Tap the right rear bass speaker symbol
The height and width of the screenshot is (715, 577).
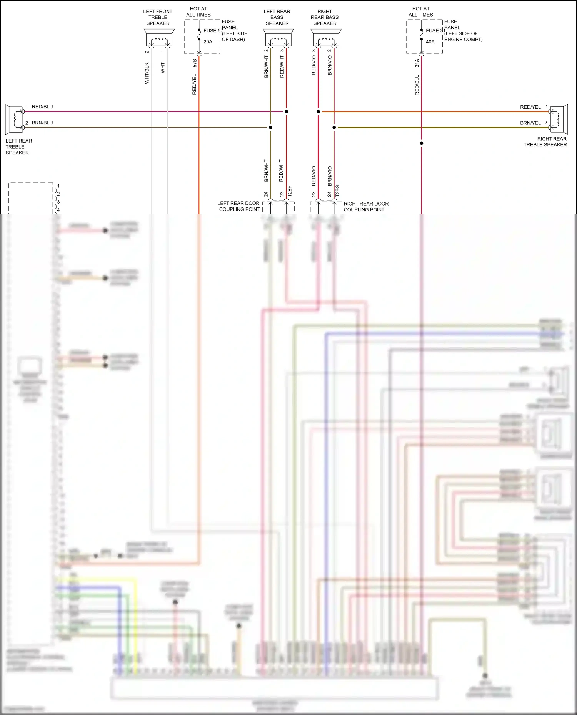pos(326,38)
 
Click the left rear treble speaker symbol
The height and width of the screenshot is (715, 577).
pos(15,119)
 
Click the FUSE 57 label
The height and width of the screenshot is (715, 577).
pos(213,30)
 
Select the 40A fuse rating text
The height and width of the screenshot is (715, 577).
pos(430,42)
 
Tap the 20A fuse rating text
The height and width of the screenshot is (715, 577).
pos(208,42)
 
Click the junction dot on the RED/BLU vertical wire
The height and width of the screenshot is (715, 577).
pos(422,143)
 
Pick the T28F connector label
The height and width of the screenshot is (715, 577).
pos(290,191)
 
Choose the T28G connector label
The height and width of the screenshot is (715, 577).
pos(338,191)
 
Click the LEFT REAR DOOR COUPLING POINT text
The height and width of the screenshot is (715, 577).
pos(239,206)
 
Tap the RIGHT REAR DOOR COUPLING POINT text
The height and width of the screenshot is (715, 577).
pos(366,207)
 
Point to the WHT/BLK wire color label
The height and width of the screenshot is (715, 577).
pos(147,73)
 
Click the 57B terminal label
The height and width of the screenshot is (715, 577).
pos(195,63)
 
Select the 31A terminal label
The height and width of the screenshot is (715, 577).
pos(417,63)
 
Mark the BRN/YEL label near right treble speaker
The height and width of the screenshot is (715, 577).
pos(530,123)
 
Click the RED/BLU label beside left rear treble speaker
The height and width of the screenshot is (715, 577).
pos(42,107)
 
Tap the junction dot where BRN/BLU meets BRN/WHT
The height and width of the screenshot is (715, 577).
pos(270,128)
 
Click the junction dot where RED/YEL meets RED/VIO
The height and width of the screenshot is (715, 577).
pos(318,112)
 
